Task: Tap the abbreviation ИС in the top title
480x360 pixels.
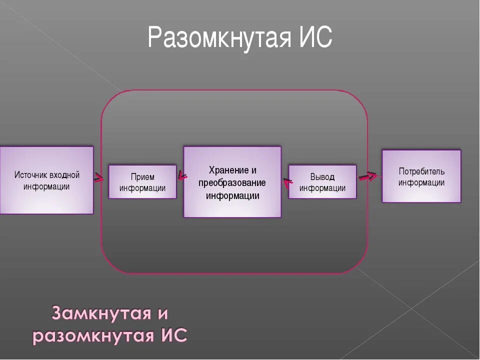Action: coord(314,37)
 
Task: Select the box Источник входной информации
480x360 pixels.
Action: coord(46,180)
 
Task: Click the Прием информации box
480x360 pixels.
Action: coord(142,182)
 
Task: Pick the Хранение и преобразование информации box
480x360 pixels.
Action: coord(232,182)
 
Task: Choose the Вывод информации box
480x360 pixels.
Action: coord(322,182)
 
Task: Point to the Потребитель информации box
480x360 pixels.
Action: coord(421,176)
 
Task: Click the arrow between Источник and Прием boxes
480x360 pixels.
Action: coord(99,177)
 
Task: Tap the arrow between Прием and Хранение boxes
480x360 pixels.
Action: coord(182,175)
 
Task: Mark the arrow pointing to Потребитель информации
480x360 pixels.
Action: coord(368,176)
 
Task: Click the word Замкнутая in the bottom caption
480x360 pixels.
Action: coord(102,314)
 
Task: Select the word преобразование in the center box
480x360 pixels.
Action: coord(232,182)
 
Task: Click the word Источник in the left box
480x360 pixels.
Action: coord(31,175)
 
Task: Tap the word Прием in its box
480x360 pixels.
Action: coord(142,177)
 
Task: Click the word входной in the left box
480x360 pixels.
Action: coord(65,175)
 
